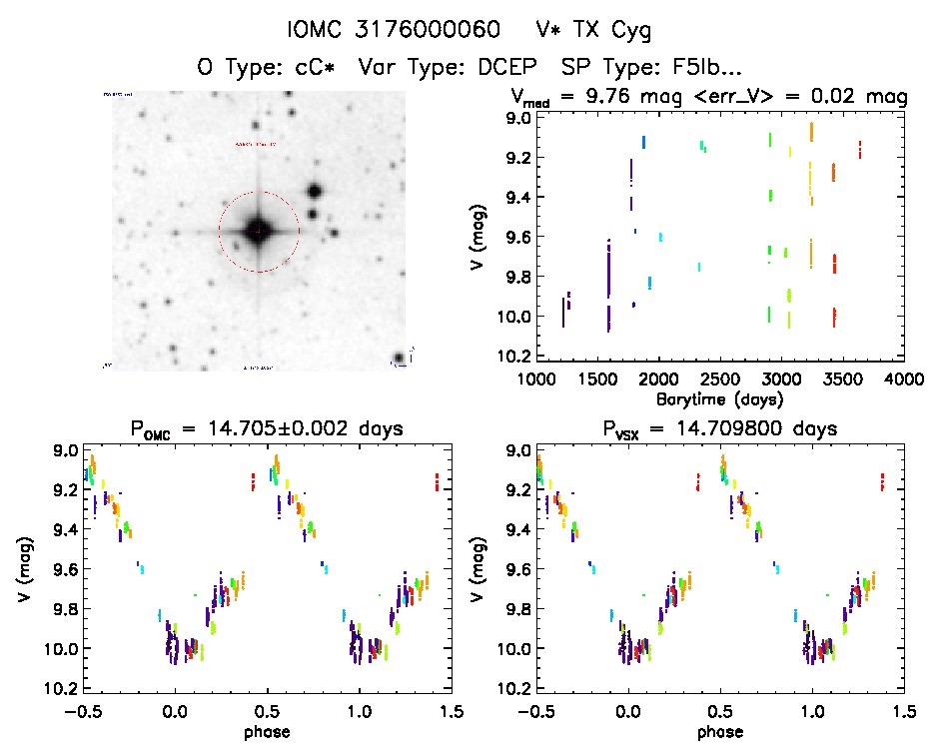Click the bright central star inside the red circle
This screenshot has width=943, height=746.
tap(258, 231)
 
